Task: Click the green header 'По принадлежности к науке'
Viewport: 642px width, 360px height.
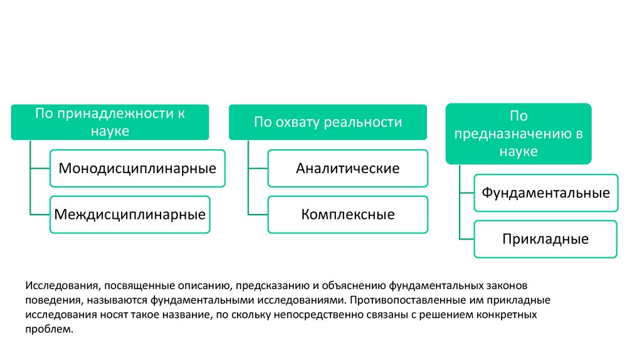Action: pos(110,122)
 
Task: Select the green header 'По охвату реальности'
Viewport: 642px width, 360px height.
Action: pos(328,122)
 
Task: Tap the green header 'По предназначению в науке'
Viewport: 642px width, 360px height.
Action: pos(518,134)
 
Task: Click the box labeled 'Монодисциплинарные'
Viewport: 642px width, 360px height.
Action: pos(137,168)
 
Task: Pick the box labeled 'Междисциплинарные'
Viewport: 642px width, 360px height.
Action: pos(130,214)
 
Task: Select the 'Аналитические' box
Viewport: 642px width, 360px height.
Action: pos(348,168)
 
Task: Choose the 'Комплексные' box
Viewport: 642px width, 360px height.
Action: pos(348,214)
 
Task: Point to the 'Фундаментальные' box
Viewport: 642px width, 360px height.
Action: pos(545,193)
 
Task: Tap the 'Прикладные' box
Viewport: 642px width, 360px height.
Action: pos(545,239)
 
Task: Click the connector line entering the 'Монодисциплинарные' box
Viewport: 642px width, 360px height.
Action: pos(39,168)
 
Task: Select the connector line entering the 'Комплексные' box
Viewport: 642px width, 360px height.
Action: pos(258,214)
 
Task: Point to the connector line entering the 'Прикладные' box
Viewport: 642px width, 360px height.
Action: pos(466,239)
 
